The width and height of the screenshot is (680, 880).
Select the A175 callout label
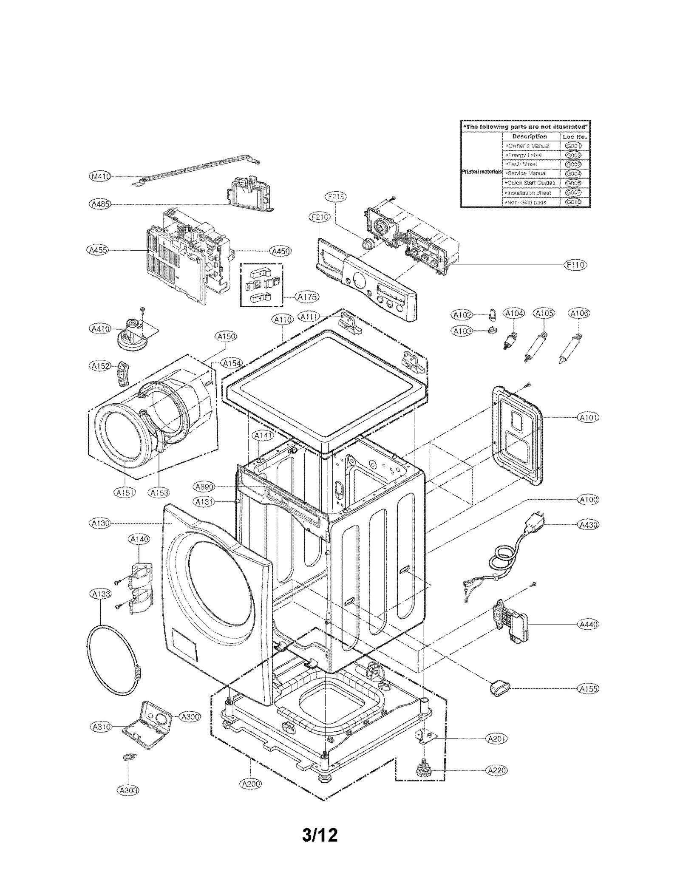(307, 297)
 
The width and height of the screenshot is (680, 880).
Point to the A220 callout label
(496, 770)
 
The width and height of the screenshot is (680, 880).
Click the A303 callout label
(127, 790)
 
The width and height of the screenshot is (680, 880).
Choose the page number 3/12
(320, 835)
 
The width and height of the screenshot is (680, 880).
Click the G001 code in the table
(573, 146)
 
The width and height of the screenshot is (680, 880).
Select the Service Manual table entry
(527, 173)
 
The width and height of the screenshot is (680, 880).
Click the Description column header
(529, 137)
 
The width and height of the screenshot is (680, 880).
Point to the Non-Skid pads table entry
(527, 202)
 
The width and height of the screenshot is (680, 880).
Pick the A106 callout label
(579, 313)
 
